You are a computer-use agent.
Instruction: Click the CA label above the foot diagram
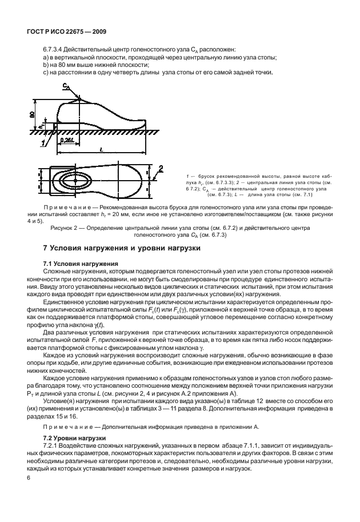tap(66, 86)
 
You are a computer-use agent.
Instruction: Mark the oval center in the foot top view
tap(73, 179)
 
